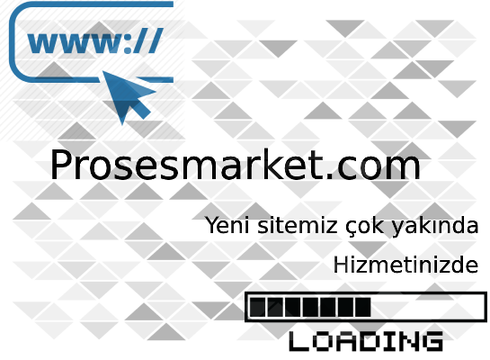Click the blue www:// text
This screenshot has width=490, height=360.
click(x=95, y=41)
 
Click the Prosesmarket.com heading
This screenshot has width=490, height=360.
click(x=236, y=164)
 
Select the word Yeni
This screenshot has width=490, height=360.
click(x=227, y=225)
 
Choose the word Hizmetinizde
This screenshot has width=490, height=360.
click(x=406, y=265)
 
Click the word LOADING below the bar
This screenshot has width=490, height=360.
click(x=366, y=341)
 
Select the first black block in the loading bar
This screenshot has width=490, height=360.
click(x=257, y=307)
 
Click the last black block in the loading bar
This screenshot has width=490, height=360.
click(x=363, y=307)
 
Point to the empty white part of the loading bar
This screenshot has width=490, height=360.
click(x=427, y=307)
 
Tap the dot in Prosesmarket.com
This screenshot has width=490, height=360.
click(x=329, y=176)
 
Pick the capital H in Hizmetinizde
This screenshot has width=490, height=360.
click(x=342, y=265)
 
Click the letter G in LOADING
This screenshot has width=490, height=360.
click(x=432, y=341)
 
